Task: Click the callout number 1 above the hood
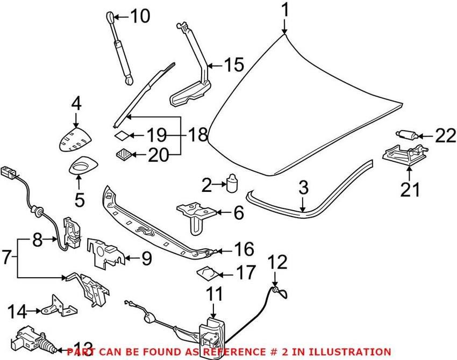tap(285, 10)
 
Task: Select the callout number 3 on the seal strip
tap(303, 188)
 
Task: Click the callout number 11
tap(214, 294)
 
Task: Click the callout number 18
tap(198, 134)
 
